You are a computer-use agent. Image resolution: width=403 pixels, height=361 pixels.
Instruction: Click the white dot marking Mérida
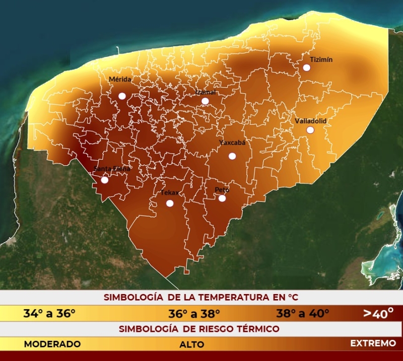coord(122,96)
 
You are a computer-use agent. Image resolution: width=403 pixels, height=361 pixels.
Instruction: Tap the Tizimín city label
coord(321,59)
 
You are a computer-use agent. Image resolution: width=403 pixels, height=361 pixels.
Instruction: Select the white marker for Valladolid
coord(310,130)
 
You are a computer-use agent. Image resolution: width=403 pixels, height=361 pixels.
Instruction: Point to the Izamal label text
coord(206,92)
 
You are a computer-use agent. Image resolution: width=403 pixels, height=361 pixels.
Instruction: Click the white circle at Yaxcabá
coord(232,156)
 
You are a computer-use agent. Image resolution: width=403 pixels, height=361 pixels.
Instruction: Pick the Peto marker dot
coord(222,198)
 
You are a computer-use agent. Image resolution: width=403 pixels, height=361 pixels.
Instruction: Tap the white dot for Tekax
coord(170,203)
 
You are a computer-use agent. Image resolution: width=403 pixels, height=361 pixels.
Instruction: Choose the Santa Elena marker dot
coord(105,180)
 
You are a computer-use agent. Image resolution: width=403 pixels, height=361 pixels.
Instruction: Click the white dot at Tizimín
coord(306,67)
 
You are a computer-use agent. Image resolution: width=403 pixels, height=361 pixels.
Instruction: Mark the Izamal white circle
coord(205,101)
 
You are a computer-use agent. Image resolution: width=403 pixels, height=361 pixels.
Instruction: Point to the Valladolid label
coord(311,121)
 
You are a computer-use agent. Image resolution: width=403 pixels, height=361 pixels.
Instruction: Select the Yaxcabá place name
coord(232,142)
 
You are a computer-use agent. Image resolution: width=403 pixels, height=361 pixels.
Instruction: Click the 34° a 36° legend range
coord(49,313)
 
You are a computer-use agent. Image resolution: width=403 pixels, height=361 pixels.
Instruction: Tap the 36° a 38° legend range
coord(194,314)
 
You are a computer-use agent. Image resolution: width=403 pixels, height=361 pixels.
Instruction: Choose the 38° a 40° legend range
coord(302,313)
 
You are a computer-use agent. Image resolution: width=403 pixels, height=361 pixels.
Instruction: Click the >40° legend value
coord(378,314)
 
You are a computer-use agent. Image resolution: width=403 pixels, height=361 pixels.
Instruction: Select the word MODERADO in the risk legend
coord(52,344)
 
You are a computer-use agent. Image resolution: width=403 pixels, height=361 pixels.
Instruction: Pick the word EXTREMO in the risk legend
coord(373,343)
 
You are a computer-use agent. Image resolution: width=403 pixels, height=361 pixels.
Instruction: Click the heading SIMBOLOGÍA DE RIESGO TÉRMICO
coord(199,329)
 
